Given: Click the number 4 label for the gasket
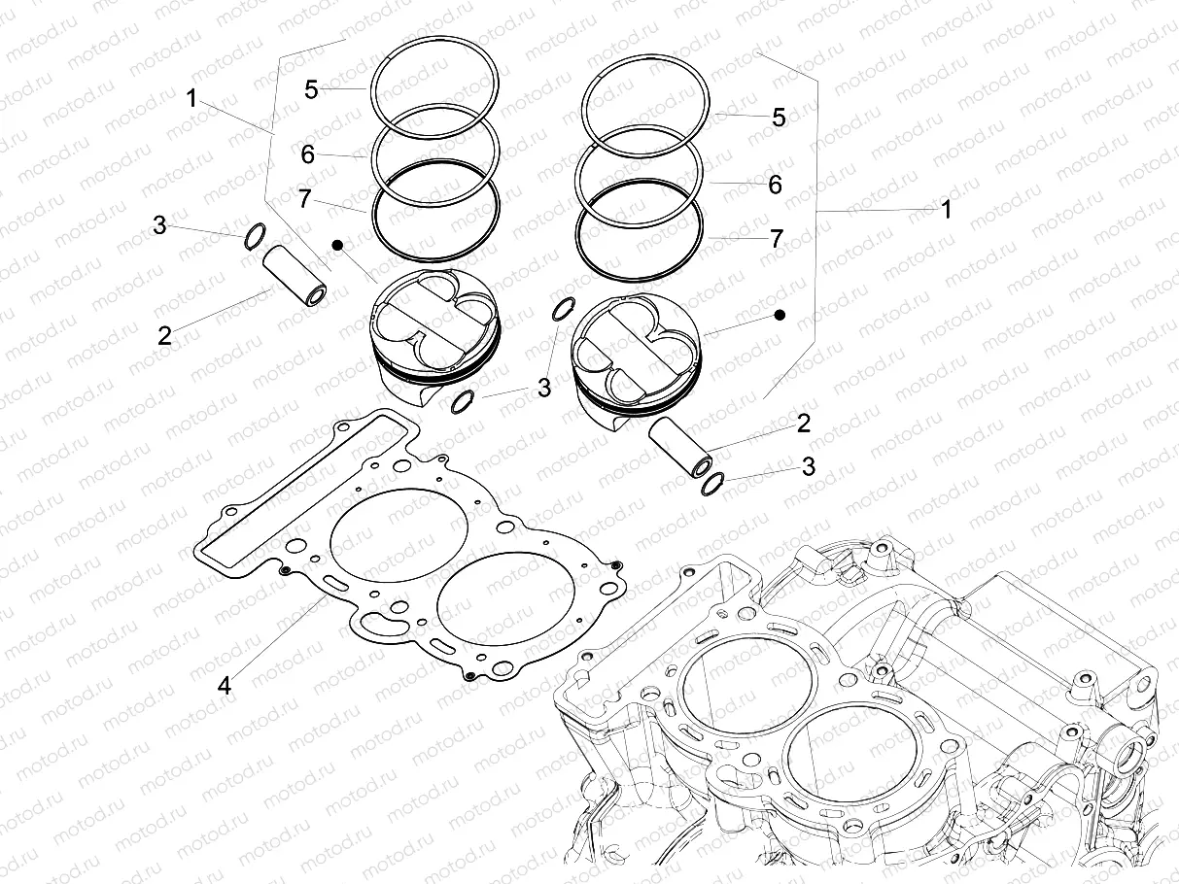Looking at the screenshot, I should tap(225, 686).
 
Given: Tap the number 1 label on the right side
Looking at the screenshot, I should tap(946, 209).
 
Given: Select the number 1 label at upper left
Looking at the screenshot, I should tap(191, 98).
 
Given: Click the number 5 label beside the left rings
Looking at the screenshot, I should tap(311, 89).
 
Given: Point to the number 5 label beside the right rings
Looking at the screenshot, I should tap(779, 118).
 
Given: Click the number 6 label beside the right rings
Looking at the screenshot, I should tap(775, 185).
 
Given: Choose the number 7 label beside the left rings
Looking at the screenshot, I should tap(305, 200).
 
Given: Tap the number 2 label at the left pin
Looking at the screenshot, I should tap(164, 335).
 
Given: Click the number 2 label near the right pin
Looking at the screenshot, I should tap(803, 423).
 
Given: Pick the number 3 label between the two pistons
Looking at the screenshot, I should tap(543, 388).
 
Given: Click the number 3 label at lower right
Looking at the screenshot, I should tap(809, 466).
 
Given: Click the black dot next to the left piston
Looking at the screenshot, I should tap(337, 246).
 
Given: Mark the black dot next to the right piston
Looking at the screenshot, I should tap(780, 316).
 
